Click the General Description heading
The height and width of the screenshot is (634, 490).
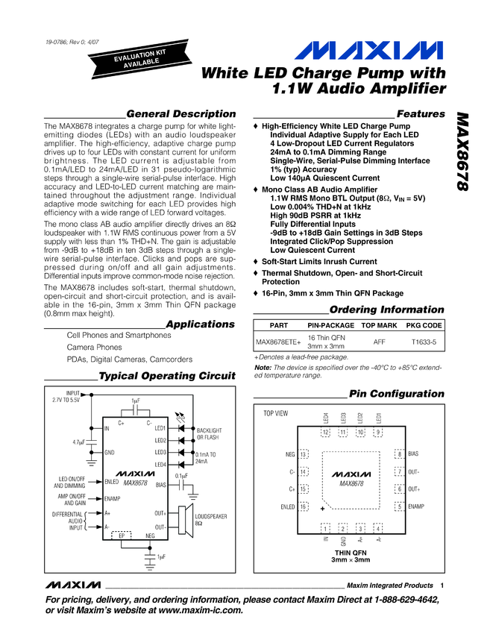point(181,114)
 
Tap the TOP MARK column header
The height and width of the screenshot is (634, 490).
point(379,326)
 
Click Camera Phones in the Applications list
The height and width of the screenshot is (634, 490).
point(95,348)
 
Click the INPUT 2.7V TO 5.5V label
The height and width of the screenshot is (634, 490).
point(65,397)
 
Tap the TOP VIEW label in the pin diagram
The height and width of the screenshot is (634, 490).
point(276,413)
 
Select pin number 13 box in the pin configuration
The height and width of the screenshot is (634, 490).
point(304,454)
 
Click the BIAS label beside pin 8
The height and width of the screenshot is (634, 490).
point(413,454)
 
